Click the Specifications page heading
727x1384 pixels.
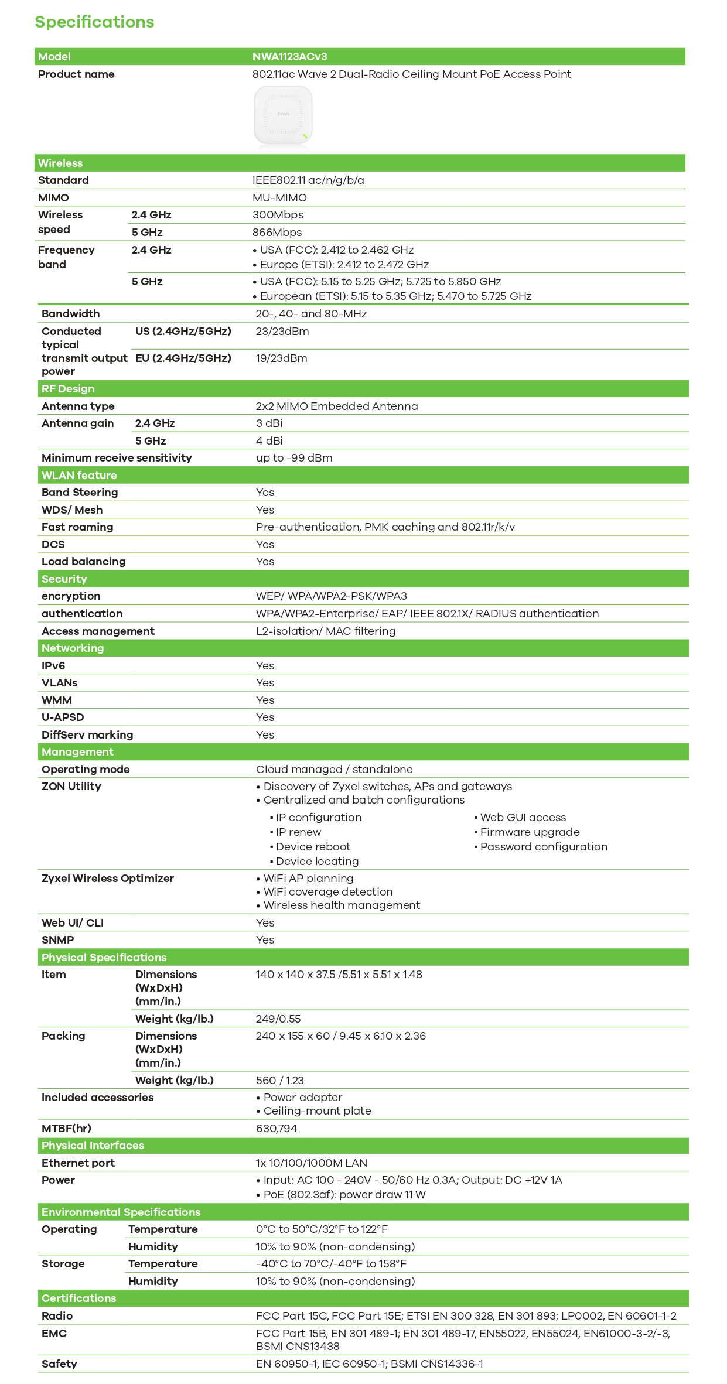pos(94,22)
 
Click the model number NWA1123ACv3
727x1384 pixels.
pos(289,57)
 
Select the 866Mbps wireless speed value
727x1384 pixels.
pos(277,233)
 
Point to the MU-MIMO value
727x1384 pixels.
pos(279,198)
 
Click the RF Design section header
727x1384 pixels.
pos(68,389)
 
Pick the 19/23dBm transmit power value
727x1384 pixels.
pos(281,358)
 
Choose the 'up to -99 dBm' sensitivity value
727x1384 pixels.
pos(294,458)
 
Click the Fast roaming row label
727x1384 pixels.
pos(77,527)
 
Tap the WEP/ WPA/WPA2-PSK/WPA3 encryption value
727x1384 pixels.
pos(331,596)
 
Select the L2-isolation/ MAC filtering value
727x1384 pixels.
pos(326,631)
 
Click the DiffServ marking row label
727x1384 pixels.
pos(87,735)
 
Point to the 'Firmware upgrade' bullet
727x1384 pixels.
pos(530,832)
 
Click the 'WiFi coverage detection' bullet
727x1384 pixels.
pos(327,892)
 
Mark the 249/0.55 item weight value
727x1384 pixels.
pos(278,1019)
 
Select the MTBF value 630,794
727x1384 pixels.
pos(277,1129)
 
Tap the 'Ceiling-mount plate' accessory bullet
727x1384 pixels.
pos(317,1111)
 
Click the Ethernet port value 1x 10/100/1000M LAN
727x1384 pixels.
pos(312,1163)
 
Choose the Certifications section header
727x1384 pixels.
pos(79,1298)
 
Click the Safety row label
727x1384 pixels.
pos(59,1364)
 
